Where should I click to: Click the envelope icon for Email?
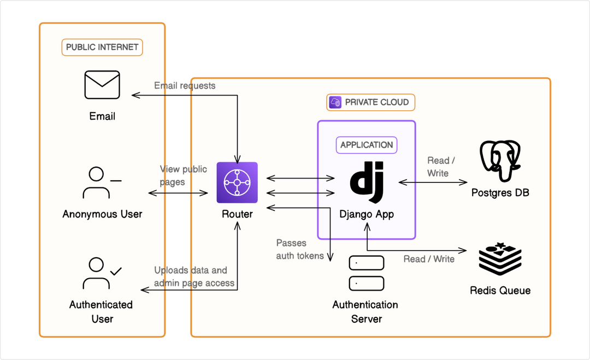[x=102, y=85]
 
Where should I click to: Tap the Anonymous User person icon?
[x=101, y=182]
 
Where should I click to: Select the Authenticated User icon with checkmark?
[x=102, y=273]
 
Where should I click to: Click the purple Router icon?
[x=237, y=182]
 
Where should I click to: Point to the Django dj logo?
[x=367, y=178]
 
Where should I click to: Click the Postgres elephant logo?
[x=500, y=161]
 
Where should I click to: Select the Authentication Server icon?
[x=366, y=273]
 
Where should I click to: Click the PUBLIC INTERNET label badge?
[x=102, y=47]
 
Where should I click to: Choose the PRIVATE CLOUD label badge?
[x=371, y=102]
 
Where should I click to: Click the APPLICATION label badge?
[x=367, y=145]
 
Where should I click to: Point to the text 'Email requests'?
[x=185, y=86]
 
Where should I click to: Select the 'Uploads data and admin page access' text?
[x=194, y=276]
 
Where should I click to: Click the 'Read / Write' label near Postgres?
[x=438, y=167]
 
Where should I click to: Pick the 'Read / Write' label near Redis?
[x=429, y=259]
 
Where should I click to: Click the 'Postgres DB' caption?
[x=500, y=193]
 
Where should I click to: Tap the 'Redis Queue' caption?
[x=500, y=290]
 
